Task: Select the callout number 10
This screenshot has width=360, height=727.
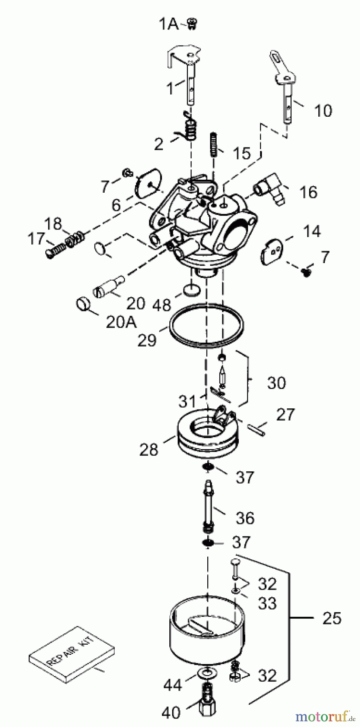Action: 323,110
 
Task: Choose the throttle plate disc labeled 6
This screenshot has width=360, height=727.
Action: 148,184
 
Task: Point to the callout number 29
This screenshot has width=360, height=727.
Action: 147,340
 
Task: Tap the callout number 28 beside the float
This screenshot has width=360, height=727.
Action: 149,449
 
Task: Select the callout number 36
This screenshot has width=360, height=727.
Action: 245,518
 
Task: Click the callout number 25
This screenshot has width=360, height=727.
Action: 332,618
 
